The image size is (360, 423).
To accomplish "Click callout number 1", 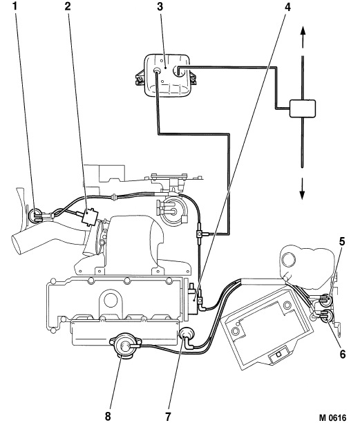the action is (15, 6).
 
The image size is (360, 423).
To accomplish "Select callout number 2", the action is (68, 6).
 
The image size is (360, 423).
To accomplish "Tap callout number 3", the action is (160, 7).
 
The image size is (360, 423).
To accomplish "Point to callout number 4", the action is (287, 8).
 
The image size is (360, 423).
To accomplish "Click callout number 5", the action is (342, 241).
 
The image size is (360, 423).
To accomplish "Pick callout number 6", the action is (343, 354).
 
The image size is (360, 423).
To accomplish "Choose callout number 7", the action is (169, 417).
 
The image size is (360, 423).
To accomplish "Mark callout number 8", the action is (108, 417).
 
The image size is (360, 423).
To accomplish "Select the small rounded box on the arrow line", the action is (302, 109).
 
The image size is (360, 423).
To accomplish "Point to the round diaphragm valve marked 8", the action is (124, 345).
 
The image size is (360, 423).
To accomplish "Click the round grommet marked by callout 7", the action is (186, 335).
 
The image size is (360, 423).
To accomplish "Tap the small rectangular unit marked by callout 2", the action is (89, 216).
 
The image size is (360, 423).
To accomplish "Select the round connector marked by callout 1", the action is (35, 216).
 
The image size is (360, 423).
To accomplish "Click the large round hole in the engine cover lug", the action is (111, 300).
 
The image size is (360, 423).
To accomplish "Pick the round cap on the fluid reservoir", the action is (289, 260).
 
